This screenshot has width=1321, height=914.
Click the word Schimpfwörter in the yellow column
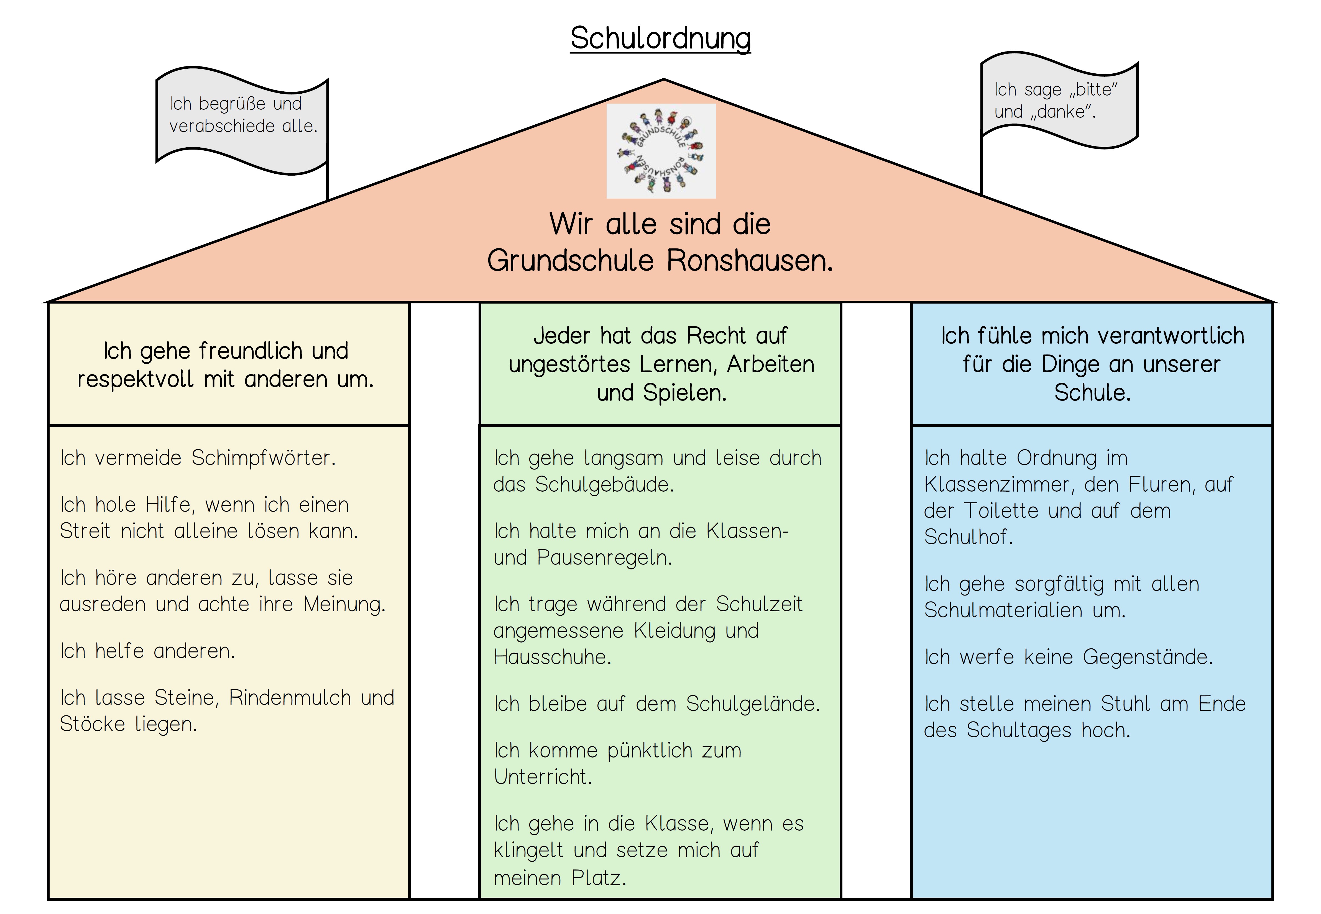coord(263,458)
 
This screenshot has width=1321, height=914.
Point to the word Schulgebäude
coord(604,485)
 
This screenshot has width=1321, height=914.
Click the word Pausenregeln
coord(604,558)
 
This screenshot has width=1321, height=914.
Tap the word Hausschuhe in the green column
coord(552,658)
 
